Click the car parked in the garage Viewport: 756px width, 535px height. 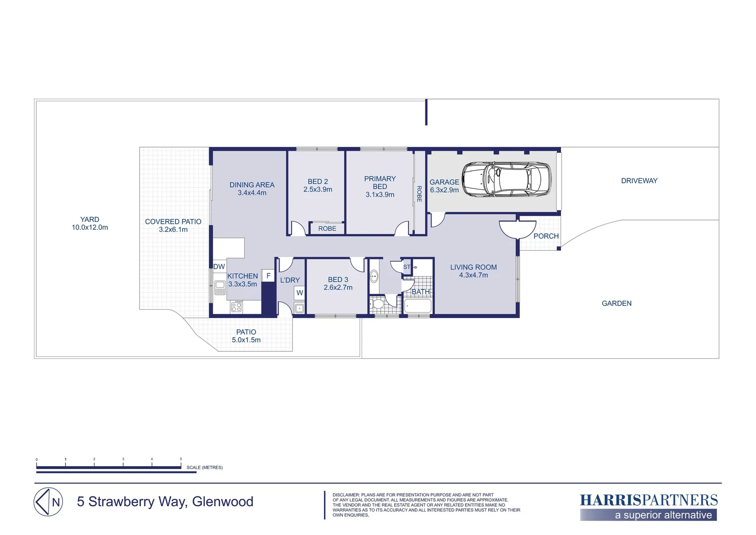click(x=506, y=179)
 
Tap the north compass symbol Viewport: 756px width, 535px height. click(x=48, y=502)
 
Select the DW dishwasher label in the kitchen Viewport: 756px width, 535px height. click(x=219, y=267)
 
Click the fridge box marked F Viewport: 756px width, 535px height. click(x=268, y=276)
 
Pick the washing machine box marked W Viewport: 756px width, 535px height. click(x=299, y=293)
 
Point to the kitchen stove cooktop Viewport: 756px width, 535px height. click(x=236, y=307)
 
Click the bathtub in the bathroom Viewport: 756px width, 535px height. click(x=418, y=306)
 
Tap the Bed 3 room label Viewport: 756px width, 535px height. click(x=338, y=279)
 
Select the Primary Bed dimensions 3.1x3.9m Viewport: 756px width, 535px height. click(x=380, y=195)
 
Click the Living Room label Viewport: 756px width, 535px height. click(x=473, y=267)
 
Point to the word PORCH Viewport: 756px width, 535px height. click(x=546, y=236)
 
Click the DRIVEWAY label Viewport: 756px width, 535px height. click(x=639, y=181)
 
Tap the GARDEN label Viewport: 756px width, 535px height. click(x=616, y=303)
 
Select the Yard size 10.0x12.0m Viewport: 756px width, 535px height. click(x=90, y=227)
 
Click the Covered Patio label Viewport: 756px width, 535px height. click(x=173, y=221)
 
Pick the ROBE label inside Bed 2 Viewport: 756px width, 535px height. click(x=327, y=228)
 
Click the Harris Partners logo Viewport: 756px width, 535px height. click(x=649, y=506)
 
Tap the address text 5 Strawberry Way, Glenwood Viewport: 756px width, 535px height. click(x=165, y=502)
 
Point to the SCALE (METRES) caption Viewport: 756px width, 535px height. click(x=204, y=467)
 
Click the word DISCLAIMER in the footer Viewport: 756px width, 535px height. click(x=346, y=495)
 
